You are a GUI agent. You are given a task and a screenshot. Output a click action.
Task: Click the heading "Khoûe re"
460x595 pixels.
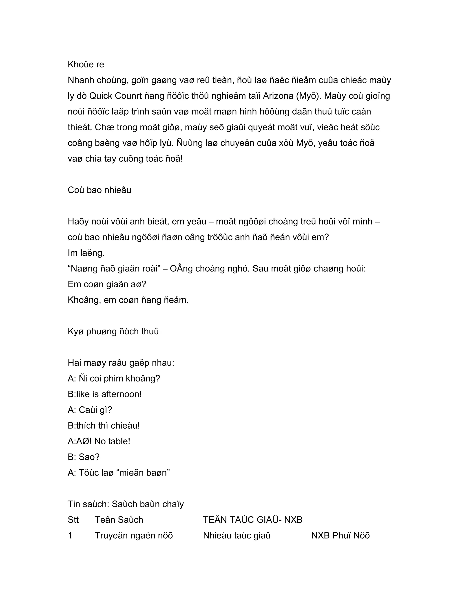(x=86, y=65)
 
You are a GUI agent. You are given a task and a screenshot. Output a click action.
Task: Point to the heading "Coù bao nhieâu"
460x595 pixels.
(x=100, y=190)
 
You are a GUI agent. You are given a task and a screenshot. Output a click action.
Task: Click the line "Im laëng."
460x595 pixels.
(x=86, y=253)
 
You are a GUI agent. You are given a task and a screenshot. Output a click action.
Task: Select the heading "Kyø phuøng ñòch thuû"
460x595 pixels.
(x=113, y=332)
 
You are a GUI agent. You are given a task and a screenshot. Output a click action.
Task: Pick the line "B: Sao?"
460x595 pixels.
(x=84, y=457)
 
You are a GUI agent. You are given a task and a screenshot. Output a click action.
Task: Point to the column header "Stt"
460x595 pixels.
(x=73, y=520)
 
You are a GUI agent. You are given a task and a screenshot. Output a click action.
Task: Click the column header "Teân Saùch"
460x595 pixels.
(x=119, y=520)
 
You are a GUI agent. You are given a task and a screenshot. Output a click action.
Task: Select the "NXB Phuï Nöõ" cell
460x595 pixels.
(x=340, y=535)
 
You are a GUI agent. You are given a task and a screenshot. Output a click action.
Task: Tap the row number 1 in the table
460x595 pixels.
(x=70, y=535)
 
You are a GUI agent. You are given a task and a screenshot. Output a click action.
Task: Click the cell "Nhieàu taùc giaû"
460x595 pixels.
(x=237, y=535)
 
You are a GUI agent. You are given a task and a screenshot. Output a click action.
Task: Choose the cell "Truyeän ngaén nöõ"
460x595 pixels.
(x=134, y=535)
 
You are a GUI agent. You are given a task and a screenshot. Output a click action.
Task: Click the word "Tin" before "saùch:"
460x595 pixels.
(x=74, y=504)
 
